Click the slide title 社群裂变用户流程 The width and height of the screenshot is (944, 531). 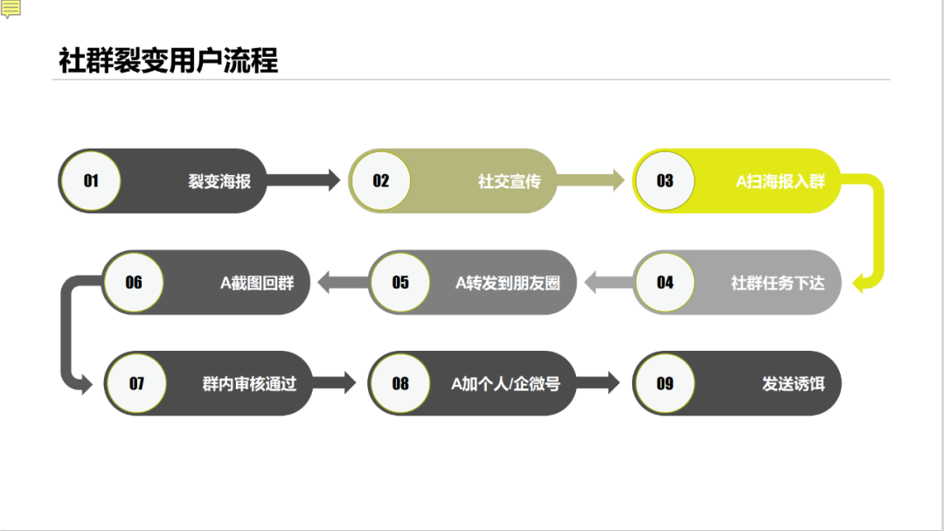[168, 61]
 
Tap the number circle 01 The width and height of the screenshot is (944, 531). [91, 181]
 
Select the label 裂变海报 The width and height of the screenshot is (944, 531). [219, 182]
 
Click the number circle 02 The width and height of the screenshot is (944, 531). [380, 181]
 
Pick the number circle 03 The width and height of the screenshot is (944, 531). [664, 181]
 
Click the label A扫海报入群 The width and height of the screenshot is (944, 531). [781, 182]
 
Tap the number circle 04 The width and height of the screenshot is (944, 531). [664, 282]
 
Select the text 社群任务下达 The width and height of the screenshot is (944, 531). [778, 283]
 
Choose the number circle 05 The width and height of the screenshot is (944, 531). [400, 282]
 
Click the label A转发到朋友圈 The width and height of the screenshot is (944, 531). [508, 283]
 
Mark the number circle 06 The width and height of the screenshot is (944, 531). [134, 282]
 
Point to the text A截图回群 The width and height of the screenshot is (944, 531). [257, 283]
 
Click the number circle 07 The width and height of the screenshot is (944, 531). [136, 383]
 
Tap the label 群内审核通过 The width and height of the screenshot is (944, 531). [249, 384]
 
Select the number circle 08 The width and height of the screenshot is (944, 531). [400, 383]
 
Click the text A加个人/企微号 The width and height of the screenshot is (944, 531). [505, 384]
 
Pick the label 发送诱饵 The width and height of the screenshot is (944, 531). [794, 384]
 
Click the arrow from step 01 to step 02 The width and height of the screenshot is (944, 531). [302, 181]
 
